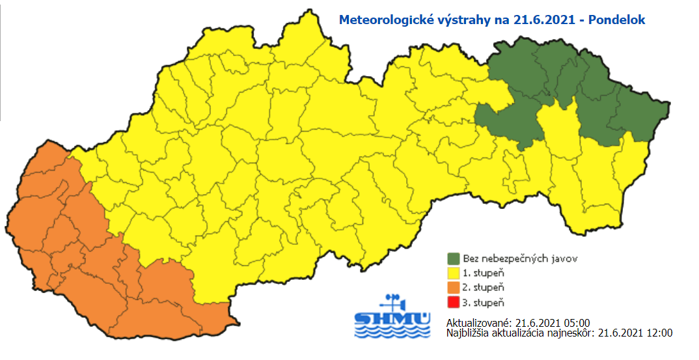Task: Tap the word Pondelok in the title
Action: (616, 20)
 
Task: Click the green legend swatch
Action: (454, 258)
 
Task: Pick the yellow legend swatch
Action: (454, 273)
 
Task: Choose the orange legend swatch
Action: (454, 287)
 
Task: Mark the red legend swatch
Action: (454, 302)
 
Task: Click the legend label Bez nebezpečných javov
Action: (511, 258)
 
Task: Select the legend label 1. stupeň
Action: (482, 273)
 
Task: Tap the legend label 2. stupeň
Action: (482, 287)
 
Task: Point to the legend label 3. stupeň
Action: (482, 302)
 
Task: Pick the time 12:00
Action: (659, 333)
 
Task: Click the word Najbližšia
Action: (467, 333)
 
